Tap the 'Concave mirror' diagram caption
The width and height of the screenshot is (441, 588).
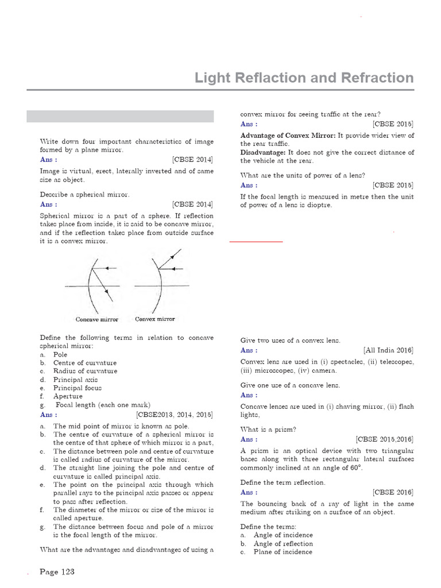(97, 319)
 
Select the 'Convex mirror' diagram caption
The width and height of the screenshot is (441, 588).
(155, 319)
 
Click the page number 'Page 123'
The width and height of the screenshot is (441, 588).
(57, 572)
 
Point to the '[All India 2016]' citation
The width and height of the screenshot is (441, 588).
(388, 350)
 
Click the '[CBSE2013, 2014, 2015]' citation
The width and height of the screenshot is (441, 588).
(175, 414)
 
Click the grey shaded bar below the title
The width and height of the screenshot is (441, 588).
(120, 117)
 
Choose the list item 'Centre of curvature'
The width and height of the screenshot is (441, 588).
(84, 363)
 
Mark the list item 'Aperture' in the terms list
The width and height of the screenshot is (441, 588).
(68, 396)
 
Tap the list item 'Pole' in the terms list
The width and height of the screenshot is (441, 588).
(60, 355)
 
